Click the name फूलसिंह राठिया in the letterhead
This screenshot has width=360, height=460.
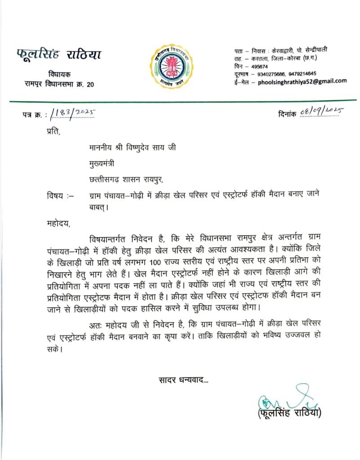click(x=59, y=56)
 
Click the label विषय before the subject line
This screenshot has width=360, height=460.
click(x=57, y=195)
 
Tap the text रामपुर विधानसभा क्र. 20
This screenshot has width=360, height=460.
click(x=59, y=84)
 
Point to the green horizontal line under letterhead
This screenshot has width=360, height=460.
click(x=180, y=100)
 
